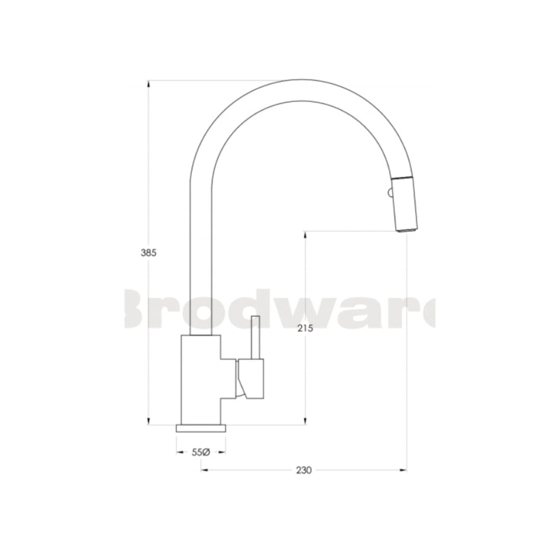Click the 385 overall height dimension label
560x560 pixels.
coord(148,253)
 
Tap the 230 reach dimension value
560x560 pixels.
coord(303,471)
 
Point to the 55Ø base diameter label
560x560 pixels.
coord(200,452)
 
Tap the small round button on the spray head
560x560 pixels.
coord(389,194)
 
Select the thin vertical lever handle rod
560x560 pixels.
coord(255,337)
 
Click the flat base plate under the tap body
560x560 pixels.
coord(201,428)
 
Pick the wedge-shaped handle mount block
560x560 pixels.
coord(251,380)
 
